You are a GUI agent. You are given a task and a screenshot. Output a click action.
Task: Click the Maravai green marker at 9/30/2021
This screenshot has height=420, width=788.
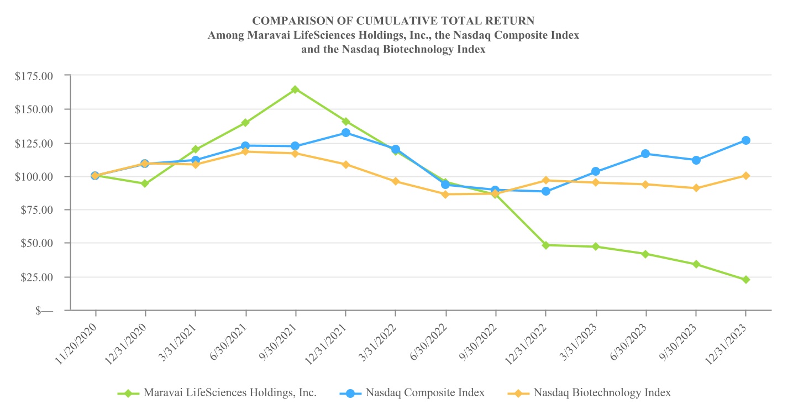pos(295,90)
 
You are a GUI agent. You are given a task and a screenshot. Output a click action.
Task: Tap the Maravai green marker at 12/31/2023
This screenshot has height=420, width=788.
pos(745,280)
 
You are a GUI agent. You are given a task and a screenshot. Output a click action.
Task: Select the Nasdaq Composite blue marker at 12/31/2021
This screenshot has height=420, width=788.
pos(345,133)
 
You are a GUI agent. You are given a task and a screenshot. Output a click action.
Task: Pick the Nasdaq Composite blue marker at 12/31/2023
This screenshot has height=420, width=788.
pos(745,140)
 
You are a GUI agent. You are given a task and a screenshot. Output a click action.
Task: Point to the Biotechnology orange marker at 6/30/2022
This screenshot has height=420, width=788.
pos(445,194)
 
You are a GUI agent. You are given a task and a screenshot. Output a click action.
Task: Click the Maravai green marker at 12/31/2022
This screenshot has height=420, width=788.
pos(545,245)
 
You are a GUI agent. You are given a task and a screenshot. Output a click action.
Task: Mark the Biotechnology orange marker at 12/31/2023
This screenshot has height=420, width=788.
pos(745,176)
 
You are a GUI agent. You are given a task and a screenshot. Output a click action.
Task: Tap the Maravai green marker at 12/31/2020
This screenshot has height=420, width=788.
pos(145,183)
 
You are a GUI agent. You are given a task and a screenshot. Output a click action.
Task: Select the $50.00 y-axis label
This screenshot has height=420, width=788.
pos(37,243)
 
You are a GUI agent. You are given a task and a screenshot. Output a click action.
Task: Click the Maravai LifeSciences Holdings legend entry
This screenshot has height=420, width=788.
pos(229,393)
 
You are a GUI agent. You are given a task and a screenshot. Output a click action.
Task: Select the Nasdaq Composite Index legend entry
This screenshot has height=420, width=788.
pos(424,393)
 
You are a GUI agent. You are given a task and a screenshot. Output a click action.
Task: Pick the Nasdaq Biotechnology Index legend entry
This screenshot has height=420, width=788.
pos(602,393)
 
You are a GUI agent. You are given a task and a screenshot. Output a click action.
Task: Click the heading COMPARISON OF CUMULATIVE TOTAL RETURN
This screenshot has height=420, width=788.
pos(393,21)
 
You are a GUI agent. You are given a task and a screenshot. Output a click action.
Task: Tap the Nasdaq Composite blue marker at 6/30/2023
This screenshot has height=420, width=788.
pos(645,154)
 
